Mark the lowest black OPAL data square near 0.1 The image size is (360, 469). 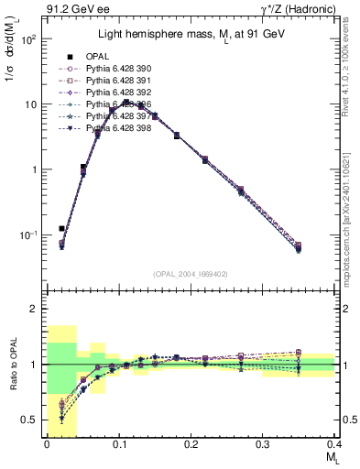point(61,228)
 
